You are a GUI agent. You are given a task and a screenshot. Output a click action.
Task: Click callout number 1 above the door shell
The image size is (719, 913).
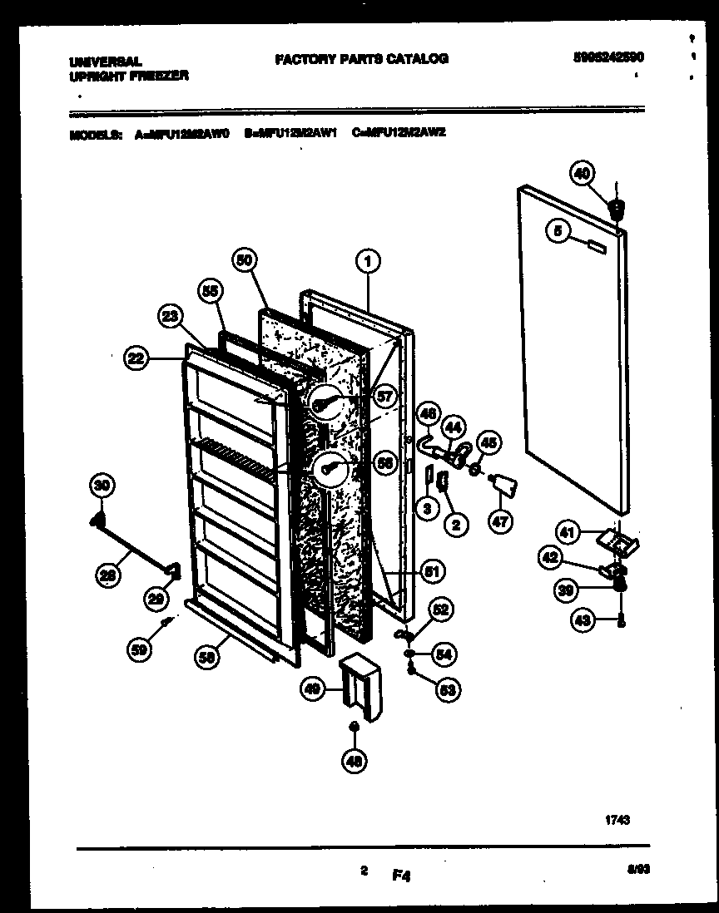[367, 262]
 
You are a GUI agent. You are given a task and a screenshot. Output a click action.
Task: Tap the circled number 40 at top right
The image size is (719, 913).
[583, 173]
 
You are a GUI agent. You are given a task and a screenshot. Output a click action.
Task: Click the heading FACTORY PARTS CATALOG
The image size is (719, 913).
[361, 58]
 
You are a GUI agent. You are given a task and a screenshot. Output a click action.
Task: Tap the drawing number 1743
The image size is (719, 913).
[616, 819]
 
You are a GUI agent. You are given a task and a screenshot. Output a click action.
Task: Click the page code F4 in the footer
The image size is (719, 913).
[403, 875]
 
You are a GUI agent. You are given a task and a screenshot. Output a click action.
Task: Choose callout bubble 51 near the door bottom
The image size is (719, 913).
[432, 571]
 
